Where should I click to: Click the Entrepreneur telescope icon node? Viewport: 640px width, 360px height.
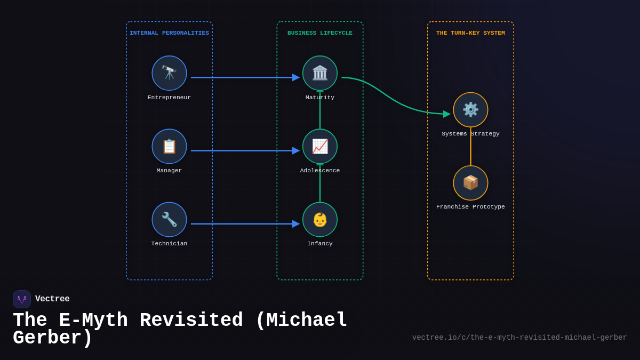click(x=169, y=73)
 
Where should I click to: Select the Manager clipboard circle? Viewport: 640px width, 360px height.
click(x=169, y=146)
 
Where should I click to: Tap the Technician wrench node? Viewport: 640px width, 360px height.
click(x=169, y=219)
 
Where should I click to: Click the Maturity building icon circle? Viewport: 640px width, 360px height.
click(x=320, y=73)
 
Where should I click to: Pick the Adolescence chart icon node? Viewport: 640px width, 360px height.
click(x=320, y=146)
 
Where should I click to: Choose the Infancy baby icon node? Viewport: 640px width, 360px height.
click(x=320, y=219)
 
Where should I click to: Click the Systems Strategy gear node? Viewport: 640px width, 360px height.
click(x=470, y=110)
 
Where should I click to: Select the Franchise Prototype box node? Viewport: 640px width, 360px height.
click(x=470, y=183)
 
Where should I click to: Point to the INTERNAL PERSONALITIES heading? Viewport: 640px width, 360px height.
click(x=169, y=33)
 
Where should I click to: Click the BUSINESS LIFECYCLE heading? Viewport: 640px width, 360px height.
click(x=320, y=33)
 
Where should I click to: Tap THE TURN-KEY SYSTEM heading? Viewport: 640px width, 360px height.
click(x=470, y=33)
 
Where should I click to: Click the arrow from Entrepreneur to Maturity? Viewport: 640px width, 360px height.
click(x=243, y=77)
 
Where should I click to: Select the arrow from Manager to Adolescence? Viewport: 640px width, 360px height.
click(x=243, y=150)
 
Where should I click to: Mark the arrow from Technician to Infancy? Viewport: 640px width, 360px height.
click(x=243, y=223)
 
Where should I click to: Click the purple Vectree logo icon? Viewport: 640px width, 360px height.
click(x=22, y=299)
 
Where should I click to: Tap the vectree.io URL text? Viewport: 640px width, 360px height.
click(x=519, y=338)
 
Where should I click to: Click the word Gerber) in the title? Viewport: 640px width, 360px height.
click(x=52, y=338)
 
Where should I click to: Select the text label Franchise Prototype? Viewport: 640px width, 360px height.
click(x=470, y=207)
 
